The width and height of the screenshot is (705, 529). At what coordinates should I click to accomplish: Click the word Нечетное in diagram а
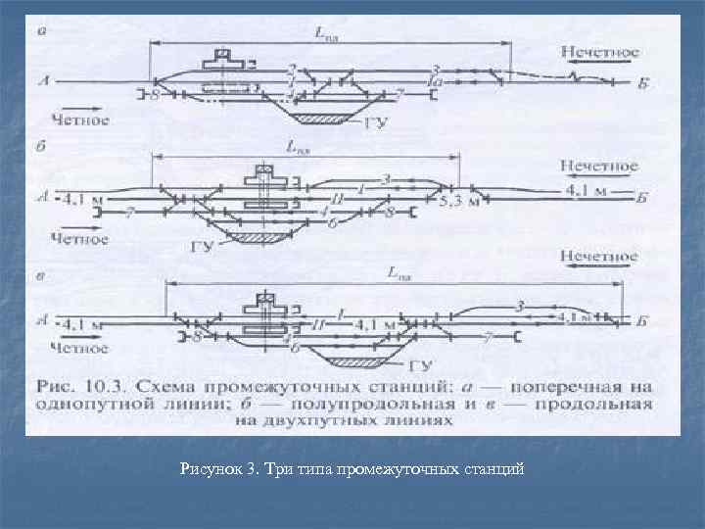click(599, 51)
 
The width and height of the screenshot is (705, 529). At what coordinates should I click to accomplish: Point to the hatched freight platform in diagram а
click(322, 119)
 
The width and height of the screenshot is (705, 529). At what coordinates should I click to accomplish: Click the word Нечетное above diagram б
click(599, 167)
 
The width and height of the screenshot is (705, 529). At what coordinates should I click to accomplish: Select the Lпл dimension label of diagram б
click(298, 148)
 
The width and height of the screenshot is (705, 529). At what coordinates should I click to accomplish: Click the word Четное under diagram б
click(79, 237)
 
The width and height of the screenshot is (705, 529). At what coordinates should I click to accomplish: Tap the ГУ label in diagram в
click(420, 367)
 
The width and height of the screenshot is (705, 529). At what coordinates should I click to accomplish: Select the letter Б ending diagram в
click(641, 319)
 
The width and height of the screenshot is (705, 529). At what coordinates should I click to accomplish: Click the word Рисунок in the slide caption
click(210, 469)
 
